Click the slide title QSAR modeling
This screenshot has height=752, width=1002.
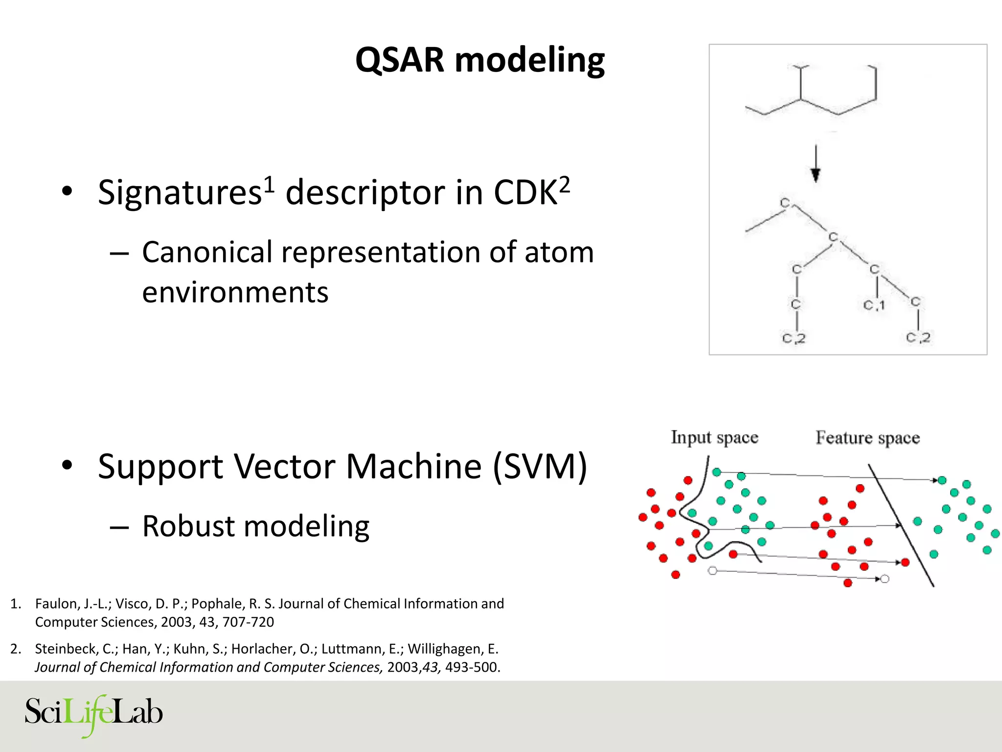point(479,60)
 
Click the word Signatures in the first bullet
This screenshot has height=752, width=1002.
point(180,193)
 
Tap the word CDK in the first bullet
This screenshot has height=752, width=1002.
point(525,193)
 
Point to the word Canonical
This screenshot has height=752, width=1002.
point(207,253)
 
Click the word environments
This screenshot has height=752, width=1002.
point(235,293)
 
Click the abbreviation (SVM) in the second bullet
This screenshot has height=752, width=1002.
point(540,467)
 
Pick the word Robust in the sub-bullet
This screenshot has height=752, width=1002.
point(188,526)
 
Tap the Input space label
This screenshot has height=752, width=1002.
point(714,437)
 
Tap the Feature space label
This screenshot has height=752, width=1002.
point(867,437)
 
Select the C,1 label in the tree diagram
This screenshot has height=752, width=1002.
point(874,305)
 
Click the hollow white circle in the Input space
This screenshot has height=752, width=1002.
point(712,570)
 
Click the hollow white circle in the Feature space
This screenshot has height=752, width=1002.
point(885,579)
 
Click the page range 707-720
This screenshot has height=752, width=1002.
point(248,622)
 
